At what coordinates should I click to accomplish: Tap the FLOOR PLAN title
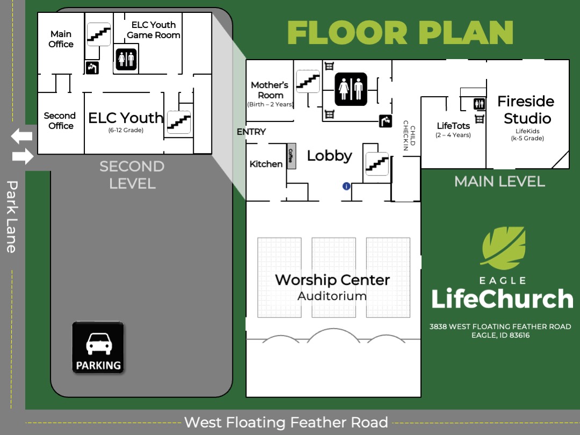pyautogui.click(x=400, y=33)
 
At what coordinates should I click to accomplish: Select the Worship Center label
pyautogui.click(x=332, y=280)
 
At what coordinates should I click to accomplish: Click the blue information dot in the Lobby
pyautogui.click(x=346, y=186)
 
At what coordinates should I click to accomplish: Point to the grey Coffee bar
pyautogui.click(x=291, y=158)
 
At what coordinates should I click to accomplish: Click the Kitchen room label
pyautogui.click(x=266, y=164)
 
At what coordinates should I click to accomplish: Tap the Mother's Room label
pyautogui.click(x=270, y=90)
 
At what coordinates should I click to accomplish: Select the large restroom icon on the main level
pyautogui.click(x=351, y=89)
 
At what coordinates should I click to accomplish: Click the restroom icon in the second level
pyautogui.click(x=126, y=59)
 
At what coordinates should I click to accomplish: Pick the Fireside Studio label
pyautogui.click(x=526, y=110)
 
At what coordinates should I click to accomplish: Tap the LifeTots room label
pyautogui.click(x=453, y=126)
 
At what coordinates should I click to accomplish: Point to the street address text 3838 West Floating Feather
pyautogui.click(x=500, y=327)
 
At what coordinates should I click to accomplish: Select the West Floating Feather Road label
pyautogui.click(x=286, y=422)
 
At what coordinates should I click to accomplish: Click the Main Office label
pyautogui.click(x=61, y=39)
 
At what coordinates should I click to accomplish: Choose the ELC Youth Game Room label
pyautogui.click(x=154, y=30)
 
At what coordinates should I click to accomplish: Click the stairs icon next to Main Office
pyautogui.click(x=99, y=34)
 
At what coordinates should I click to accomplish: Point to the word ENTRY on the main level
pyautogui.click(x=251, y=132)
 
